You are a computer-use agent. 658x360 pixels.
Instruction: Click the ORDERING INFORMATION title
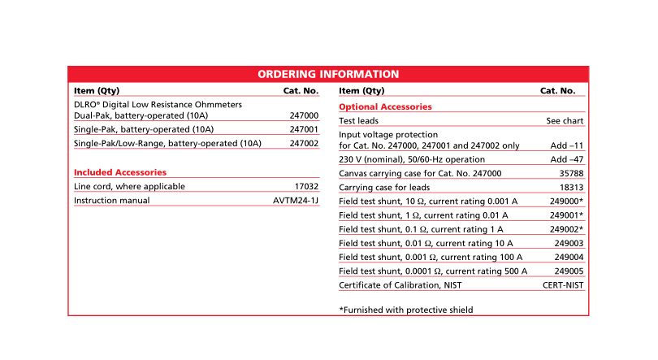(328, 74)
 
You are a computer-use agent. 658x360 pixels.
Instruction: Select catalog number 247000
(304, 116)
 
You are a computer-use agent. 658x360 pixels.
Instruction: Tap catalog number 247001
(304, 129)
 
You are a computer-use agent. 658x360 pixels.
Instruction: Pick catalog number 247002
(304, 144)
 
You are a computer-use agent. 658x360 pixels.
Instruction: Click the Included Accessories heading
(120, 172)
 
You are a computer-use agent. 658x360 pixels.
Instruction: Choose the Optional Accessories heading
(385, 106)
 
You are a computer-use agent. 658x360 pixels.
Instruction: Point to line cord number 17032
(306, 186)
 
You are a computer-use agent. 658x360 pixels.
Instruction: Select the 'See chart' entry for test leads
(565, 120)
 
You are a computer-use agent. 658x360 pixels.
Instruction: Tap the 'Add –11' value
(567, 145)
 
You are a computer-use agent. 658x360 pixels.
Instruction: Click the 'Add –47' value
(567, 159)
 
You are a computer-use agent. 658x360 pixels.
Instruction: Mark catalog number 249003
(569, 243)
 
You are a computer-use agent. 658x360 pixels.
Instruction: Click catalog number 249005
(569, 271)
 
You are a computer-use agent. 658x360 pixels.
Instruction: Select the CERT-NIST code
(563, 284)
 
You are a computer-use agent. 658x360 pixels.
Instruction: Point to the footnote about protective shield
(405, 310)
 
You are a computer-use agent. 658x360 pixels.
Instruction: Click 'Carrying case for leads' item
(383, 187)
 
